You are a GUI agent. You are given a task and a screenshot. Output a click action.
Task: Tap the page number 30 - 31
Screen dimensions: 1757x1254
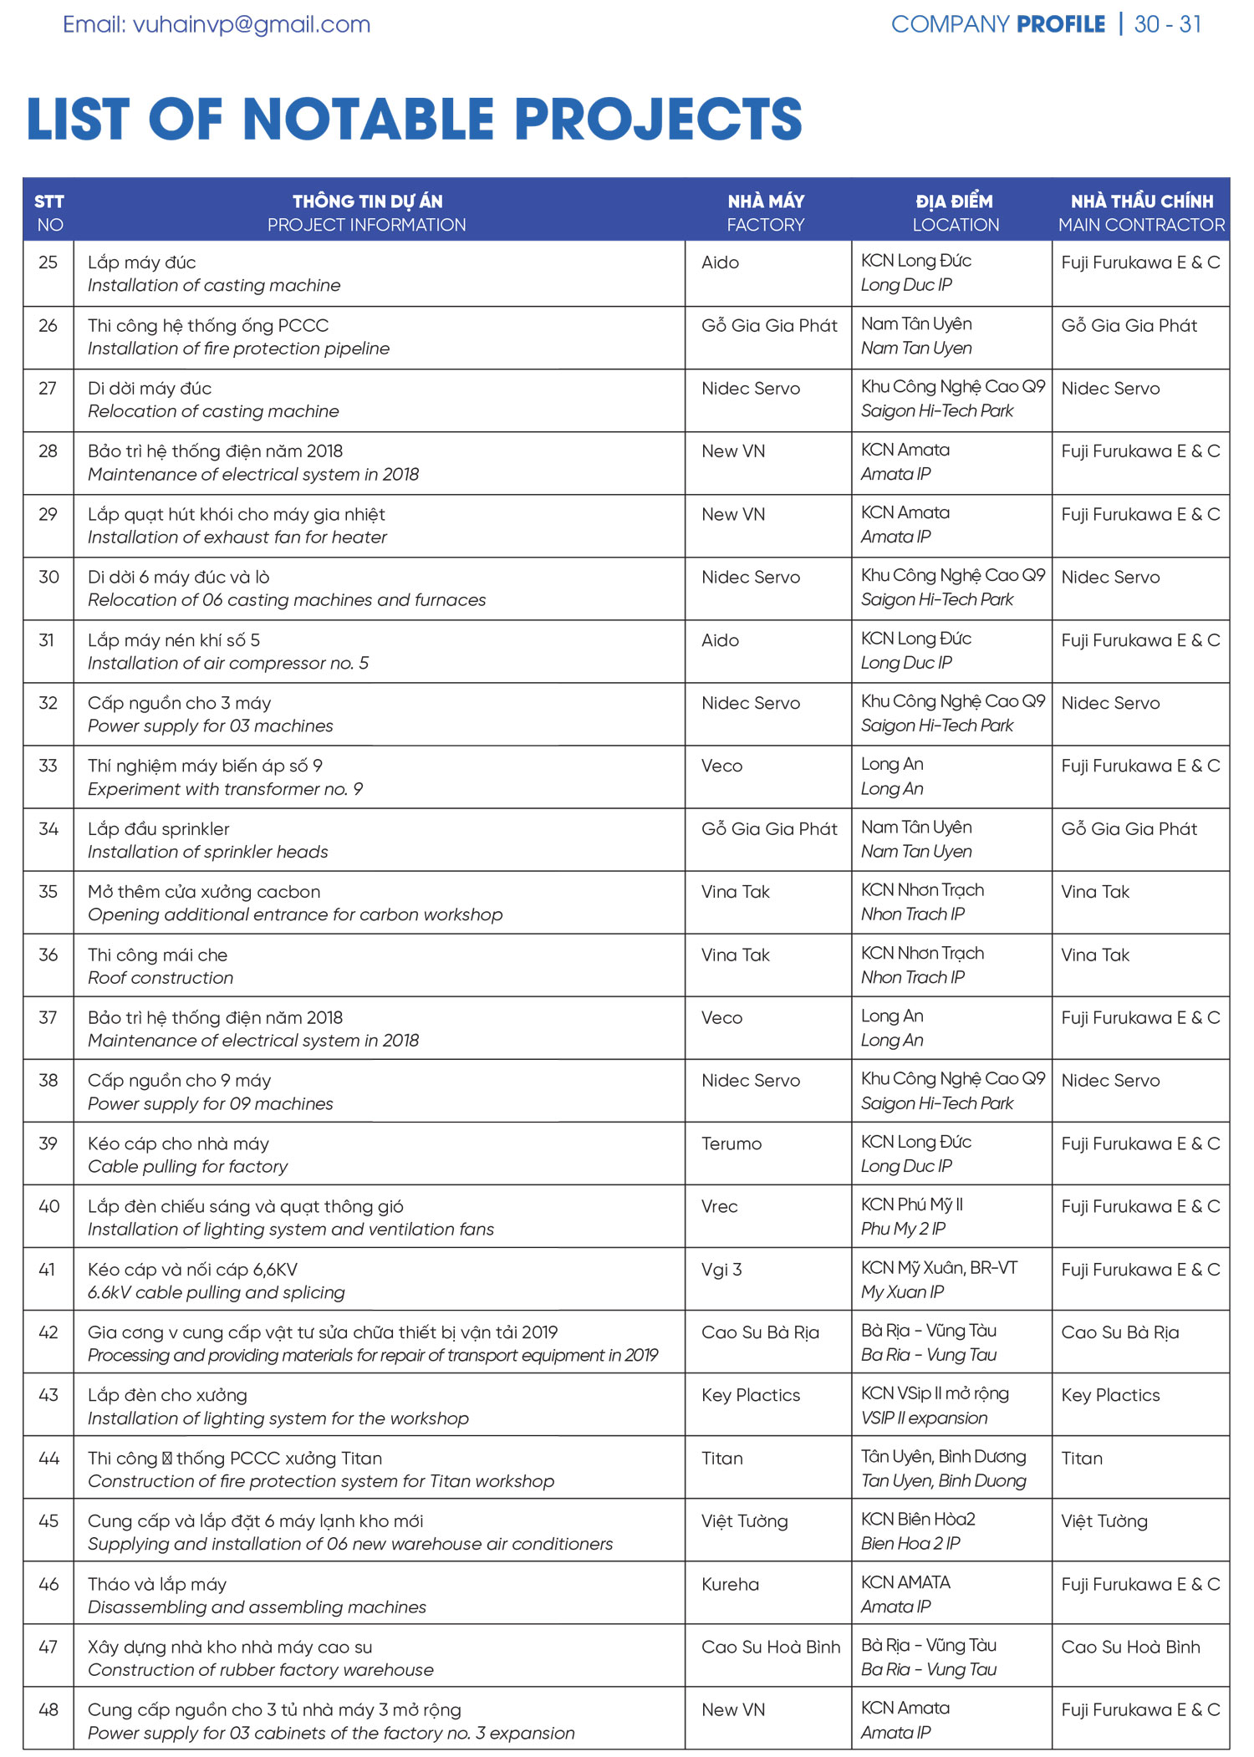tap(1167, 24)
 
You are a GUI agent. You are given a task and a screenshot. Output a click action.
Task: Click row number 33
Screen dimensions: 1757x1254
tap(48, 766)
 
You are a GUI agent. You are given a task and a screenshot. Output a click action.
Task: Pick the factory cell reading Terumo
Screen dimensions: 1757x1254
tap(731, 1143)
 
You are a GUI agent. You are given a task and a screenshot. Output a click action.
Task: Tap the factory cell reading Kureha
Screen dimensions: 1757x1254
tap(730, 1584)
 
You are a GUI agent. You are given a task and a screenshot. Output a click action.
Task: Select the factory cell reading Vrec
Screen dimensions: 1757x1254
tap(720, 1206)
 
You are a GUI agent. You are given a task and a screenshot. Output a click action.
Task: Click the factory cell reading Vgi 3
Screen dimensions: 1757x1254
tap(721, 1270)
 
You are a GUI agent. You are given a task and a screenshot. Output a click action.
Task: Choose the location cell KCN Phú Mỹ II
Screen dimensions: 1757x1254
tap(912, 1204)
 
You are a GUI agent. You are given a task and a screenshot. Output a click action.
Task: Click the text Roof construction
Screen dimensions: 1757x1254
tap(161, 977)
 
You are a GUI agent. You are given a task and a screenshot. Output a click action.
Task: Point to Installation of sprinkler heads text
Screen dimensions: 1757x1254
tap(208, 852)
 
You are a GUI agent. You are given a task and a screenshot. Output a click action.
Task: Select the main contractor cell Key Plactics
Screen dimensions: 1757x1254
tap(1110, 1395)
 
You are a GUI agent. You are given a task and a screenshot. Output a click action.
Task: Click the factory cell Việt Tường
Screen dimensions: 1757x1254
tap(744, 1521)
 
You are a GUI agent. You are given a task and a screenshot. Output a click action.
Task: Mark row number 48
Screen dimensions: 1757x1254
tap(48, 1710)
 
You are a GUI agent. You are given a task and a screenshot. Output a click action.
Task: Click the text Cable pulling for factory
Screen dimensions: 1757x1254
tap(187, 1166)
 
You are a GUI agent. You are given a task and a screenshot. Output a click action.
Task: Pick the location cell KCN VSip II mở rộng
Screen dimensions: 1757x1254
tap(935, 1393)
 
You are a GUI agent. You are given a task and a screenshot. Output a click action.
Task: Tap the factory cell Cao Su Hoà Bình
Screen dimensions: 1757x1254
tap(770, 1647)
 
